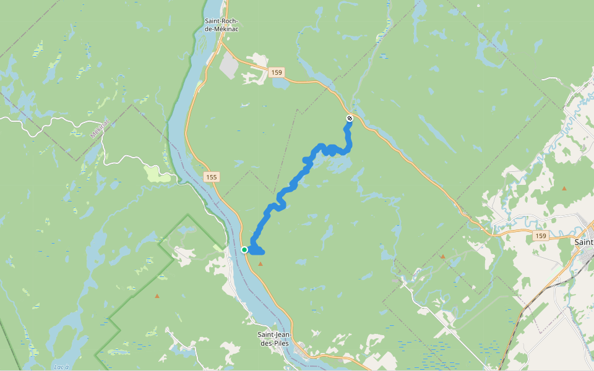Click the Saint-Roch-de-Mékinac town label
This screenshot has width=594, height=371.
tap(224, 24)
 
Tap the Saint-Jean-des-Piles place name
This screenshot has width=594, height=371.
tap(275, 339)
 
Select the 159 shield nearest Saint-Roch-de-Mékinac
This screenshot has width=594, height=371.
tap(277, 73)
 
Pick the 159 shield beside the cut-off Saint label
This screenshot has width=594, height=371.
tap(541, 236)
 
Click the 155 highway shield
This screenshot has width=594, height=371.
tap(212, 177)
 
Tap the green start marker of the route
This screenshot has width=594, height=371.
tap(244, 250)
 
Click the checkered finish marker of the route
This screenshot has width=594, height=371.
tap(350, 118)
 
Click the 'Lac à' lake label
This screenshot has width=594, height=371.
tap(61, 367)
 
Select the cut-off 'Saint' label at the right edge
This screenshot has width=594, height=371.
tap(583, 242)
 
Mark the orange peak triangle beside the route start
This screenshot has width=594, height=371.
tap(260, 264)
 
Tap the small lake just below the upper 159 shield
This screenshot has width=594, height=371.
tap(280, 83)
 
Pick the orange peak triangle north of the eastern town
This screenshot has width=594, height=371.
tap(564, 187)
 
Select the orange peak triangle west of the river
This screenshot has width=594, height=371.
tap(157, 296)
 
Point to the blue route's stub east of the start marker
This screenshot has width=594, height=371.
tap(260, 251)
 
